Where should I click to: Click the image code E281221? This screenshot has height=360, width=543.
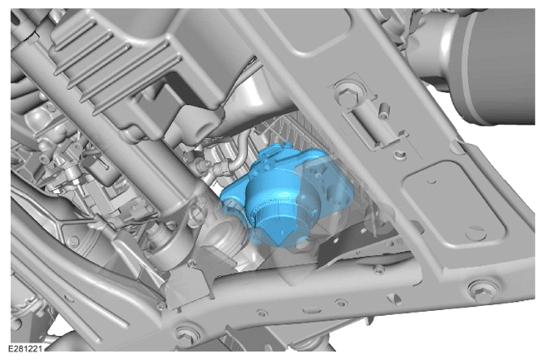[25, 348]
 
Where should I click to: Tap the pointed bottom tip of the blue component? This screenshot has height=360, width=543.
[280, 245]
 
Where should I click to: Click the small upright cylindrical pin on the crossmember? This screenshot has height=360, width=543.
[383, 110]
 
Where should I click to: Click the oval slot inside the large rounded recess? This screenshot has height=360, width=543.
[476, 233]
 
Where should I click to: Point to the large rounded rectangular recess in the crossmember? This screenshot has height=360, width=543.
[454, 205]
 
